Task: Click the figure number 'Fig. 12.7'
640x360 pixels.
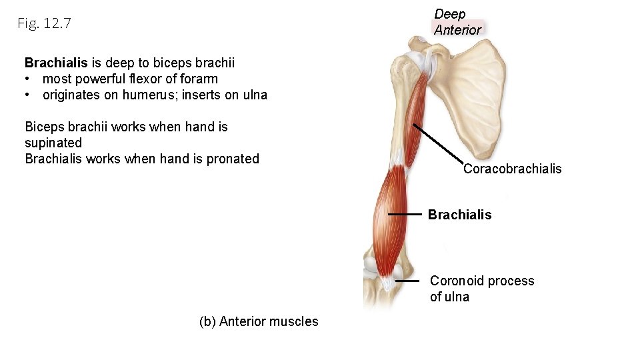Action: click(x=44, y=24)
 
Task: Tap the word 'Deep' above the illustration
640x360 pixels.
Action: click(x=450, y=14)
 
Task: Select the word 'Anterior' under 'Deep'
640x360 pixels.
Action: click(x=457, y=30)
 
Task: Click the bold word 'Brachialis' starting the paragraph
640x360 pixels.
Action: click(x=56, y=63)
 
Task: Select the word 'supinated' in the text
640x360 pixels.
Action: click(x=53, y=143)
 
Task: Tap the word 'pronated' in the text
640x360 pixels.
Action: click(x=233, y=159)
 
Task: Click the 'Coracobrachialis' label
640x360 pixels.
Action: click(x=512, y=169)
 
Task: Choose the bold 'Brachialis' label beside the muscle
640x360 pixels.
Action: click(x=459, y=215)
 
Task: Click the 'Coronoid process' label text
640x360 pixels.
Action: click(x=482, y=281)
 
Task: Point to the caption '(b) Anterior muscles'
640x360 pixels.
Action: click(x=259, y=321)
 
